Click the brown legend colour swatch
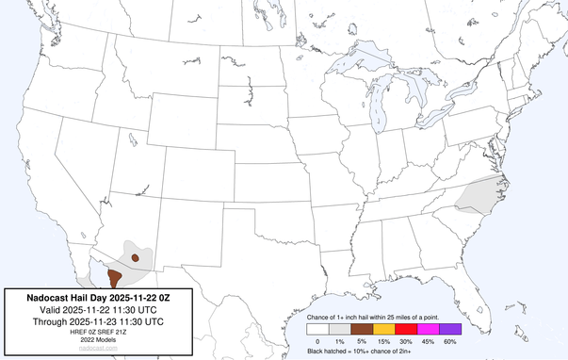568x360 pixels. (x=362, y=329)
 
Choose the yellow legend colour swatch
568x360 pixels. (x=383, y=329)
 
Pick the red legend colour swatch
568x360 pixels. (x=405, y=329)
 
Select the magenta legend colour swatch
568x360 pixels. (x=428, y=329)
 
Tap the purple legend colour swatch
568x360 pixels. (x=449, y=329)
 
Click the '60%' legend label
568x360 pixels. (x=450, y=340)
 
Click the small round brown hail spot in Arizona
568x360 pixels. (x=136, y=256)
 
